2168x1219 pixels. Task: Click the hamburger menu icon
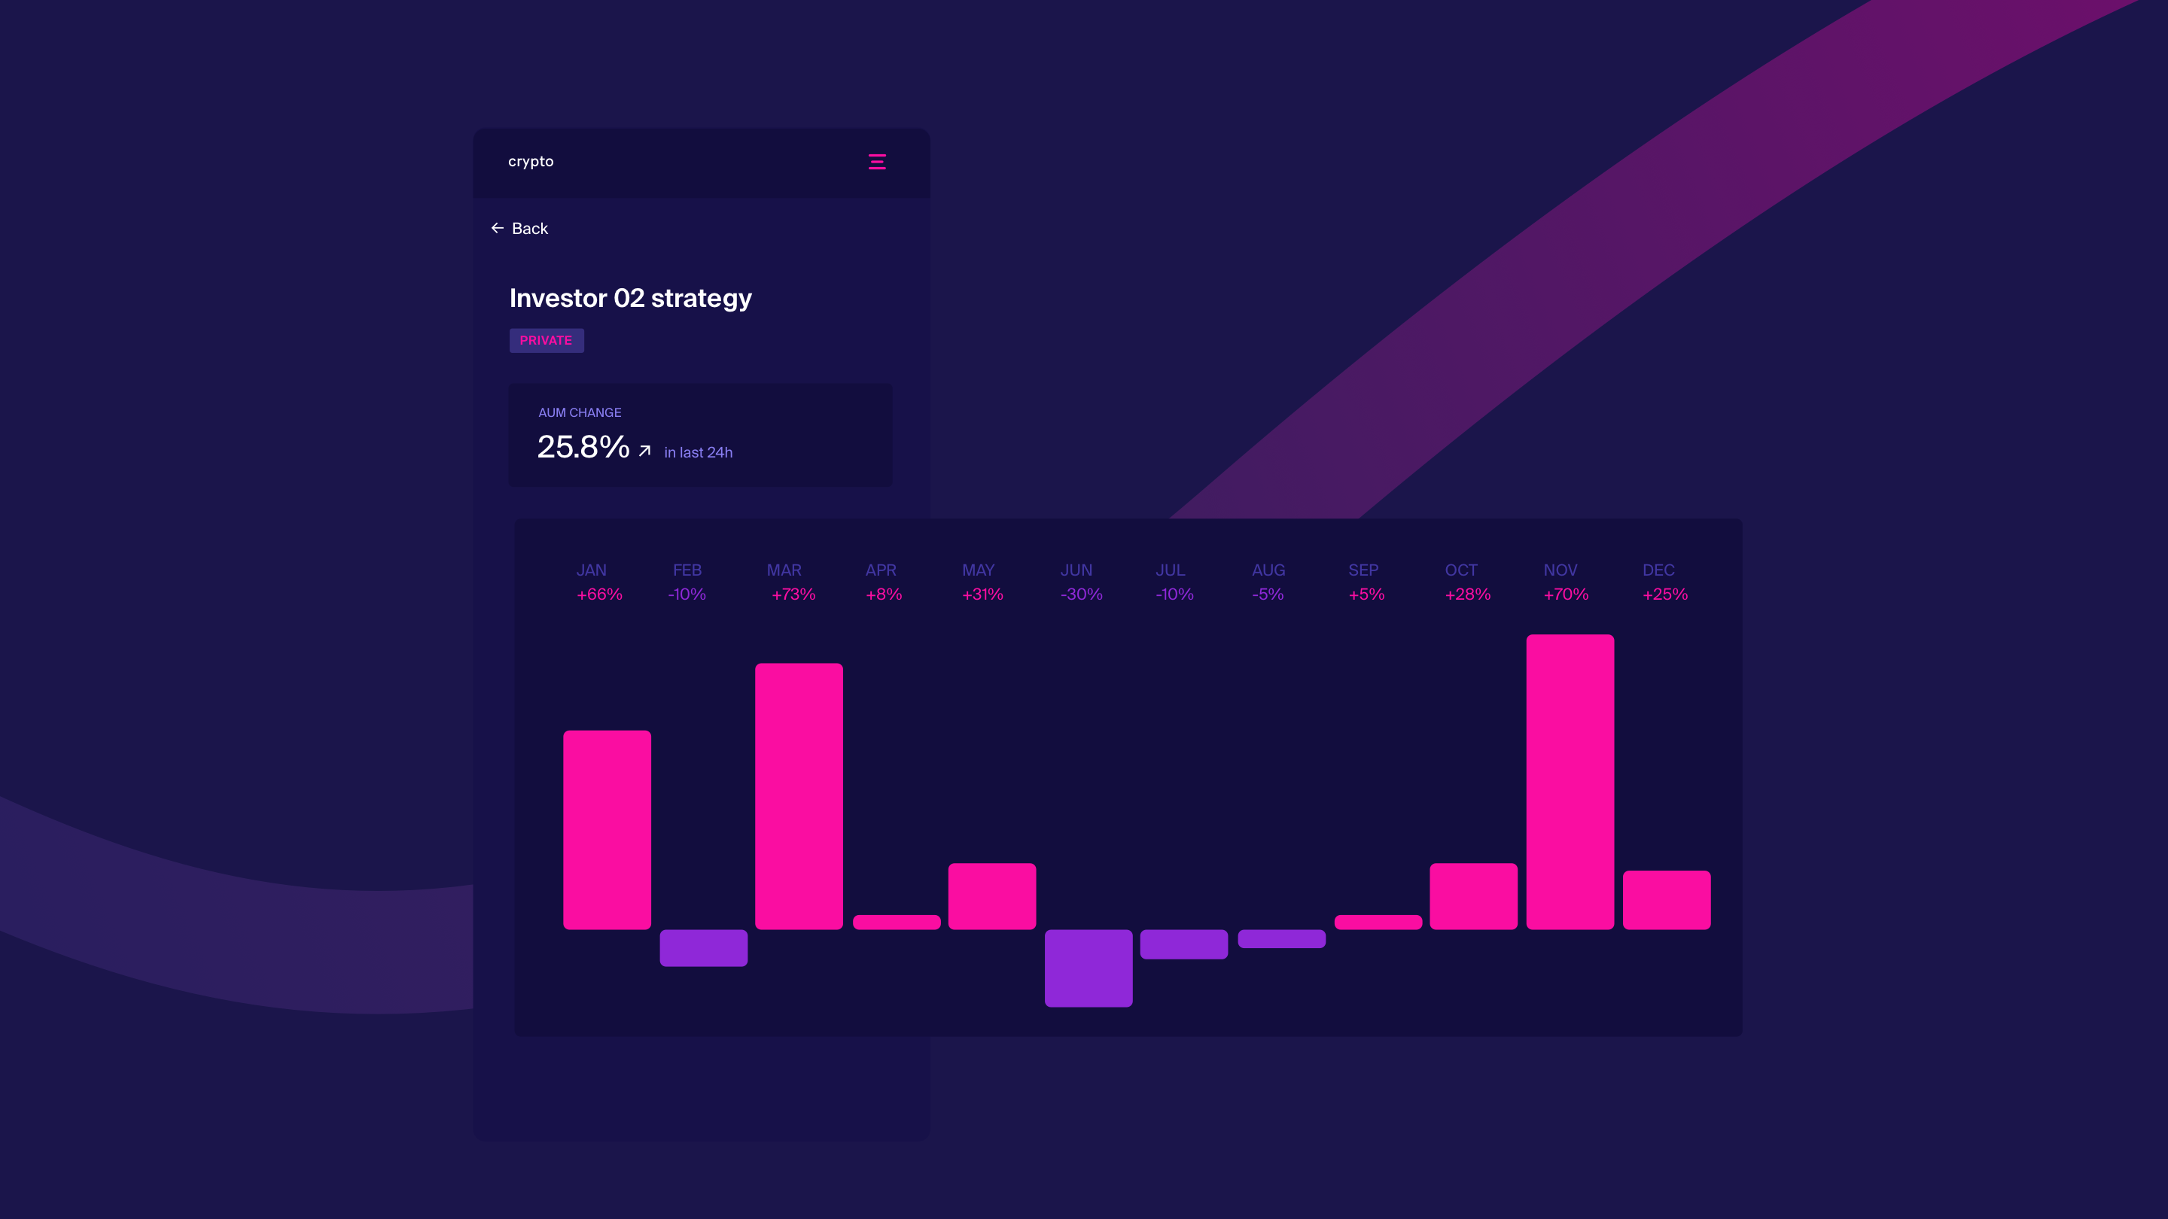pyautogui.click(x=877, y=162)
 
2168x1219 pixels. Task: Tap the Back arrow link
pyautogui.click(x=519, y=229)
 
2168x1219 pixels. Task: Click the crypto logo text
pyautogui.click(x=530, y=162)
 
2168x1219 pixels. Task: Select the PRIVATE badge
pyautogui.click(x=547, y=341)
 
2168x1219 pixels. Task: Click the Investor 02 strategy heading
pyautogui.click(x=630, y=298)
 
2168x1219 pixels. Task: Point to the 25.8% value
pyautogui.click(x=583, y=447)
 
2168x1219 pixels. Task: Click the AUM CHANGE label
pyautogui.click(x=580, y=412)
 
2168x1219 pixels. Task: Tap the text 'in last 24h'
pyautogui.click(x=699, y=452)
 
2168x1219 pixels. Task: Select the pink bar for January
pyautogui.click(x=607, y=829)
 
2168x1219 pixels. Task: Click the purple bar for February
pyautogui.click(x=704, y=948)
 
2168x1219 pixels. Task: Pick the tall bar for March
pyautogui.click(x=799, y=796)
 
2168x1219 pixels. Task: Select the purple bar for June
pyautogui.click(x=1089, y=968)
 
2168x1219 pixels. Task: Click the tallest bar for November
pyautogui.click(x=1570, y=782)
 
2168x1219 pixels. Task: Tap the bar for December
pyautogui.click(x=1667, y=900)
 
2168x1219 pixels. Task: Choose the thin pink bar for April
pyautogui.click(x=897, y=922)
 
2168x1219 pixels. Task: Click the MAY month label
pyautogui.click(x=978, y=570)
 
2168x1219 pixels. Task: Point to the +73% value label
pyautogui.click(x=793, y=594)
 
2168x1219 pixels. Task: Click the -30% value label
pyautogui.click(x=1082, y=594)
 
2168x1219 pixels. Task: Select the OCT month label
pyautogui.click(x=1461, y=570)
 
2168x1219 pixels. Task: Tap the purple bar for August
pyautogui.click(x=1281, y=939)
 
